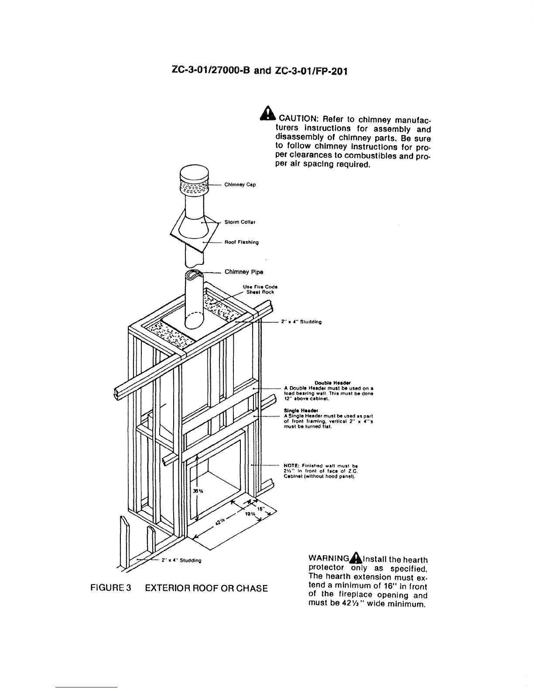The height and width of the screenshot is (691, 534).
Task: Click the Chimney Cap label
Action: (240, 185)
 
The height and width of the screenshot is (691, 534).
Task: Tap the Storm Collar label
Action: (240, 222)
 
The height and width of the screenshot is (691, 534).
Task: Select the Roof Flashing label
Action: (242, 242)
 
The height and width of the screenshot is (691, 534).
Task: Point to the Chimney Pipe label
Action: (243, 272)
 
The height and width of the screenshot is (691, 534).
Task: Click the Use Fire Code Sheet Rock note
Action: (260, 289)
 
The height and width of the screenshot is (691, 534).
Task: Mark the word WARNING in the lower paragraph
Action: (329, 559)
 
